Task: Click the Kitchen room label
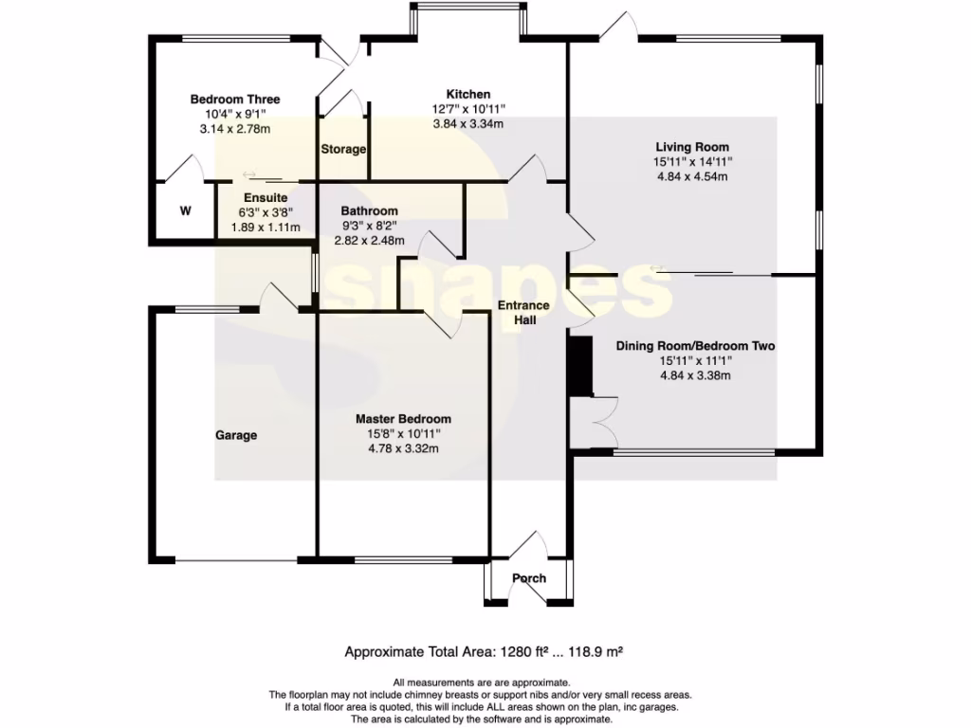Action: click(468, 94)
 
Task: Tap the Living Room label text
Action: click(692, 147)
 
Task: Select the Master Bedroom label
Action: click(403, 419)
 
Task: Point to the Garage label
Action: click(236, 436)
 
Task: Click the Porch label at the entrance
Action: click(529, 578)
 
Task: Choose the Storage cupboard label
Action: click(343, 150)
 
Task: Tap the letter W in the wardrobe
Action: click(186, 211)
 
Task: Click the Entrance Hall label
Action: click(524, 313)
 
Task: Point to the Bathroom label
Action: click(370, 210)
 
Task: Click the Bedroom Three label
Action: click(235, 100)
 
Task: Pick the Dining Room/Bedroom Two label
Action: click(695, 346)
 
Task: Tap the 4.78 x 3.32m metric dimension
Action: click(403, 449)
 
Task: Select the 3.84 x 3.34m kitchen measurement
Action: click(468, 124)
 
